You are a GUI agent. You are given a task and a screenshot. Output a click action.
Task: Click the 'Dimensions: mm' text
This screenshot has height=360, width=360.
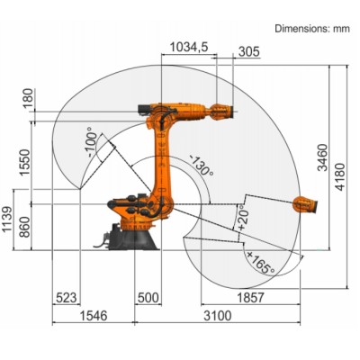310,29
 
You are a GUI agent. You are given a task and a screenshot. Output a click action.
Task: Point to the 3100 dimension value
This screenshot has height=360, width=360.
217,316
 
